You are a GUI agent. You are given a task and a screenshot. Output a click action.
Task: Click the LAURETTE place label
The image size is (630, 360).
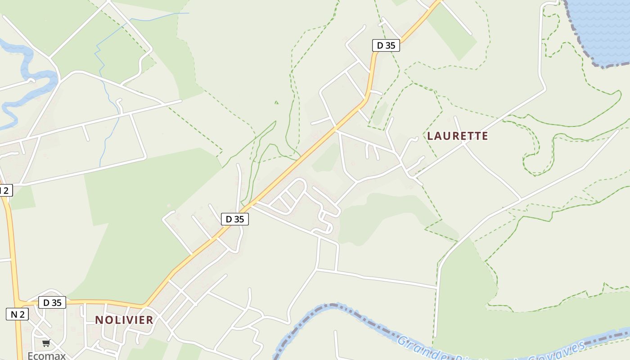click(x=457, y=136)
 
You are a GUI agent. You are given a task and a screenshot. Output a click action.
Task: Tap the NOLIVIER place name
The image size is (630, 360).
click(x=124, y=320)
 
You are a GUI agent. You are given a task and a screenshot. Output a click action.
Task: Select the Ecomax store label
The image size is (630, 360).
click(x=46, y=355)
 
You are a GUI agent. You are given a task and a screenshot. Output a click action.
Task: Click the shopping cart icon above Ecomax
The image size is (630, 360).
click(x=46, y=343)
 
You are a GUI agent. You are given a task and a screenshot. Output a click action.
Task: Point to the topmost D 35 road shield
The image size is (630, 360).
click(x=386, y=45)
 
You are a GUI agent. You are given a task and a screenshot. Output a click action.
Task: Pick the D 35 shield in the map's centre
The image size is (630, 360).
click(x=234, y=219)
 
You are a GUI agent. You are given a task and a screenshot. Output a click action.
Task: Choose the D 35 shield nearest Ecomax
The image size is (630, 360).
click(x=52, y=303)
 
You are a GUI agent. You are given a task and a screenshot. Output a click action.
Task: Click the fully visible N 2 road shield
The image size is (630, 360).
click(x=17, y=314)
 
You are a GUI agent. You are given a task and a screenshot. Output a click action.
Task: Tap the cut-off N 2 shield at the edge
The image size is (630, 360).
click(x=5, y=190)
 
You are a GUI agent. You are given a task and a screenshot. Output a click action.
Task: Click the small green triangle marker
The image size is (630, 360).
click(x=276, y=103)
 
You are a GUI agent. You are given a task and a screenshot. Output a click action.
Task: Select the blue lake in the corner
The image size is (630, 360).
click(x=603, y=27)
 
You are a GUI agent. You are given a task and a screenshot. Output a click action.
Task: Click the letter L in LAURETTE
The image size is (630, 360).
click(x=430, y=136)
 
